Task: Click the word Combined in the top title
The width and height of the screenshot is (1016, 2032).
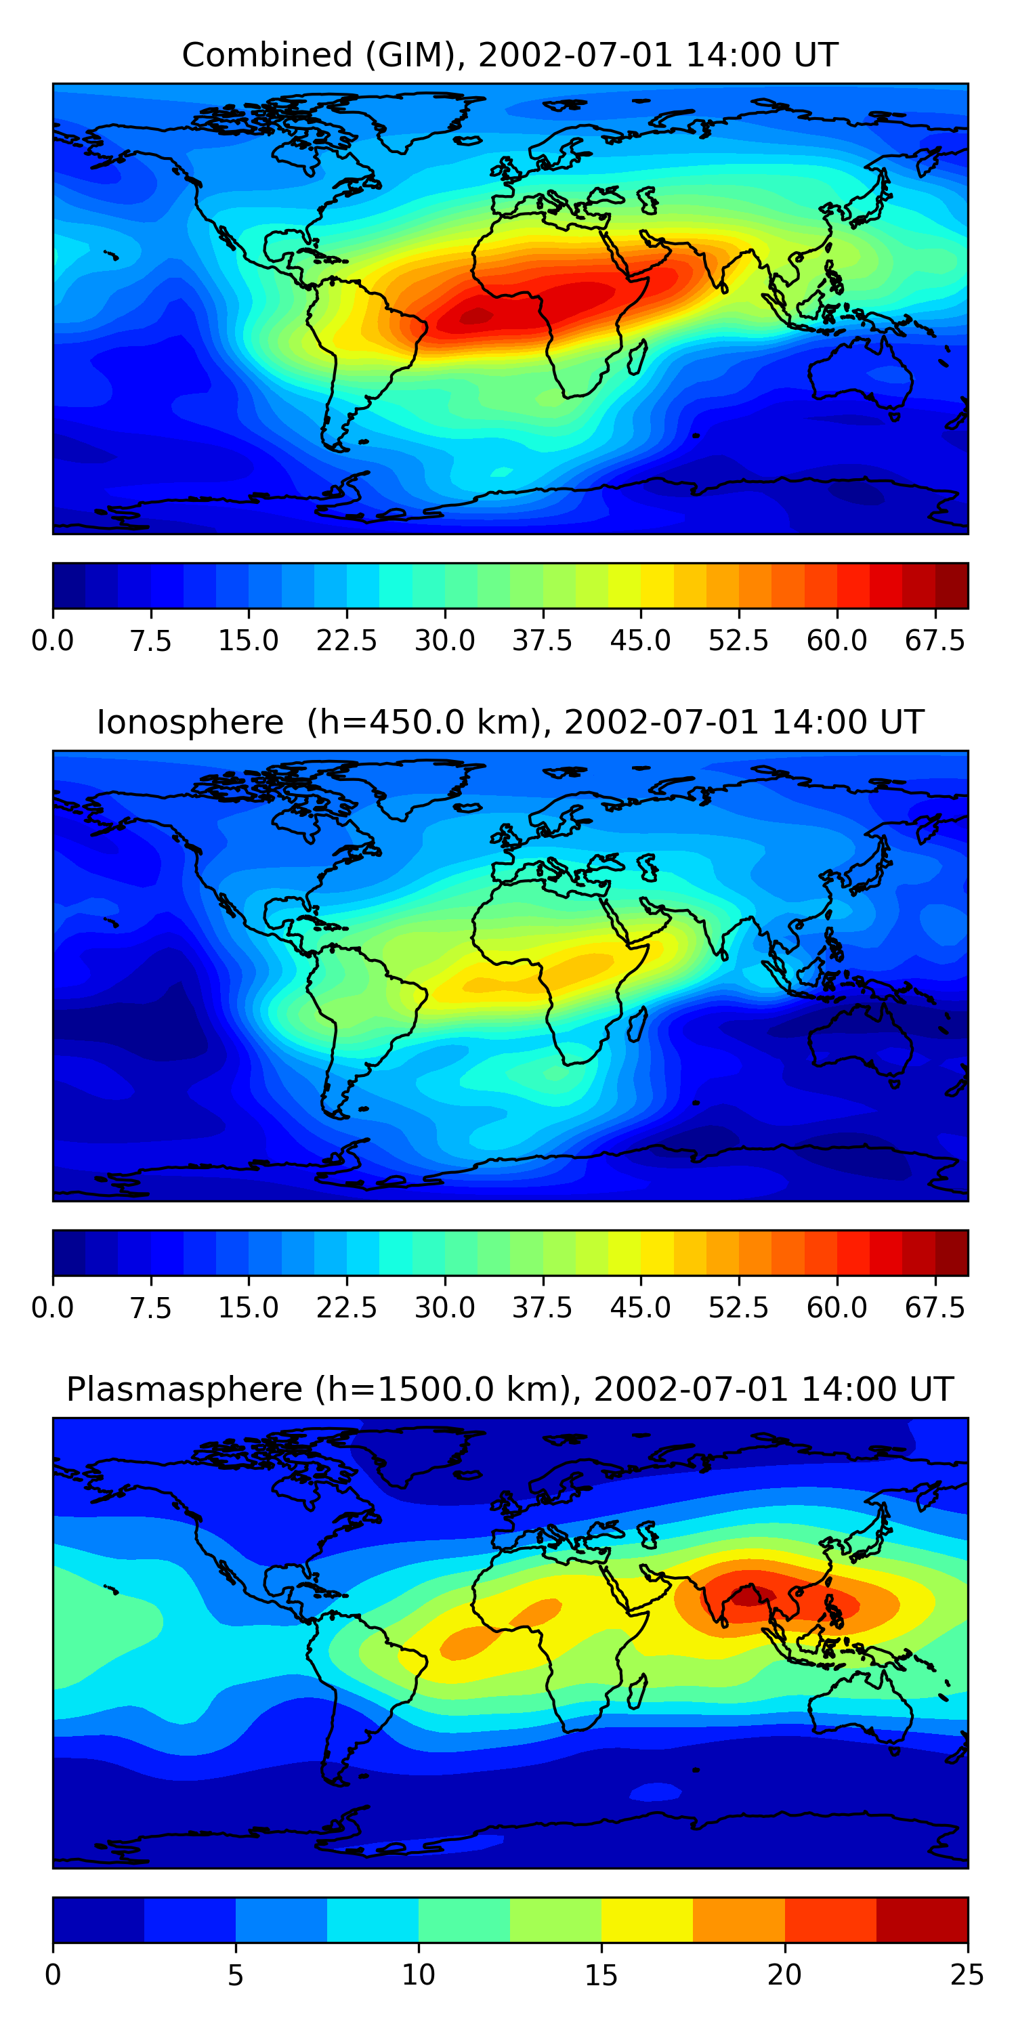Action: tap(268, 56)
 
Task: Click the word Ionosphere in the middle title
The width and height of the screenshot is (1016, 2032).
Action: tap(190, 723)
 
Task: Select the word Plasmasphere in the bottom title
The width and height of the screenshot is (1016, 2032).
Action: tap(184, 1389)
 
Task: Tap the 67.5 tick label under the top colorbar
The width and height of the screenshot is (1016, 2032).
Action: tap(935, 641)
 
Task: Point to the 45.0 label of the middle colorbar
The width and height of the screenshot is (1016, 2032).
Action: tap(641, 1307)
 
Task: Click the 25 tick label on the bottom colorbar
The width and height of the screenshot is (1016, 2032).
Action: tap(967, 1974)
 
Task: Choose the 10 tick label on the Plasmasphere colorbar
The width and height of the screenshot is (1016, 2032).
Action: tap(418, 1974)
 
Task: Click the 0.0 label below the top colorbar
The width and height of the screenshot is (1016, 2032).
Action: tap(53, 641)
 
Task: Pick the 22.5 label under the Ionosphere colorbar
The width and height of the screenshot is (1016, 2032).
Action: tap(347, 1307)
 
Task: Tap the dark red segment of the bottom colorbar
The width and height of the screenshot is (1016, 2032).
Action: tap(921, 1919)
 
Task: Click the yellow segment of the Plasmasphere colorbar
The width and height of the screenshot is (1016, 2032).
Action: tap(647, 1919)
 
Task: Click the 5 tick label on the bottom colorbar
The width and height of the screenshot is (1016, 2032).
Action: tap(235, 1974)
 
